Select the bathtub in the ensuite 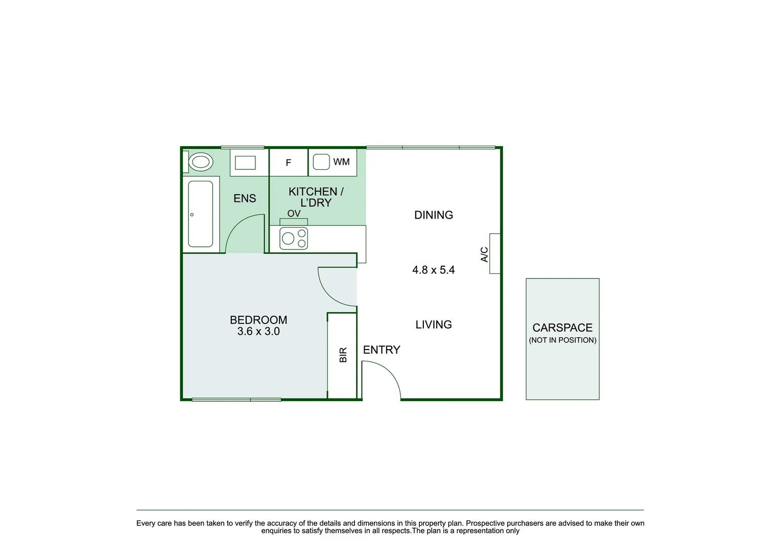[x=200, y=214]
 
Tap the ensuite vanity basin [x=245, y=163]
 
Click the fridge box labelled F [x=289, y=163]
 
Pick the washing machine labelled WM [x=333, y=163]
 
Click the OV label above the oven [x=294, y=214]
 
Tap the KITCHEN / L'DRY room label [x=316, y=197]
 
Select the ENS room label [x=245, y=198]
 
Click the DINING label [x=434, y=215]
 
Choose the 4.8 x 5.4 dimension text [x=434, y=270]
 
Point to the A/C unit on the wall [x=494, y=254]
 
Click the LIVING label [x=434, y=325]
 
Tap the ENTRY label [x=382, y=350]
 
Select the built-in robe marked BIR [x=342, y=355]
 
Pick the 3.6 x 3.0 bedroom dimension [x=258, y=332]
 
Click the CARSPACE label [x=562, y=328]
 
